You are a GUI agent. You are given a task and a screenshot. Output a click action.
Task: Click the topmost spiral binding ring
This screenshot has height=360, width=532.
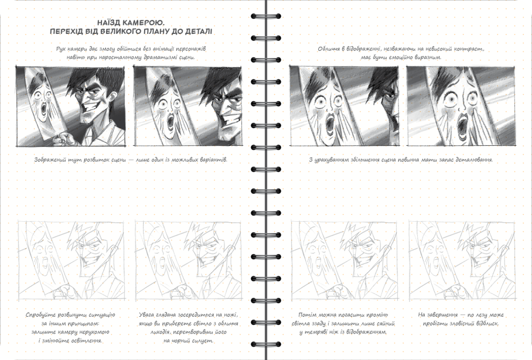tap(265, 16)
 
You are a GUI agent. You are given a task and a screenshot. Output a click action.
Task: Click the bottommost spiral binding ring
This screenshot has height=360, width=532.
tap(265, 344)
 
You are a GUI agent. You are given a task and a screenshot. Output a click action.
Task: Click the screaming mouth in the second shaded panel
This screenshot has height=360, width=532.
tap(170, 124)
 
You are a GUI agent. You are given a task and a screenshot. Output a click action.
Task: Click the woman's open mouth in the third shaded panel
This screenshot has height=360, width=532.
tap(329, 125)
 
